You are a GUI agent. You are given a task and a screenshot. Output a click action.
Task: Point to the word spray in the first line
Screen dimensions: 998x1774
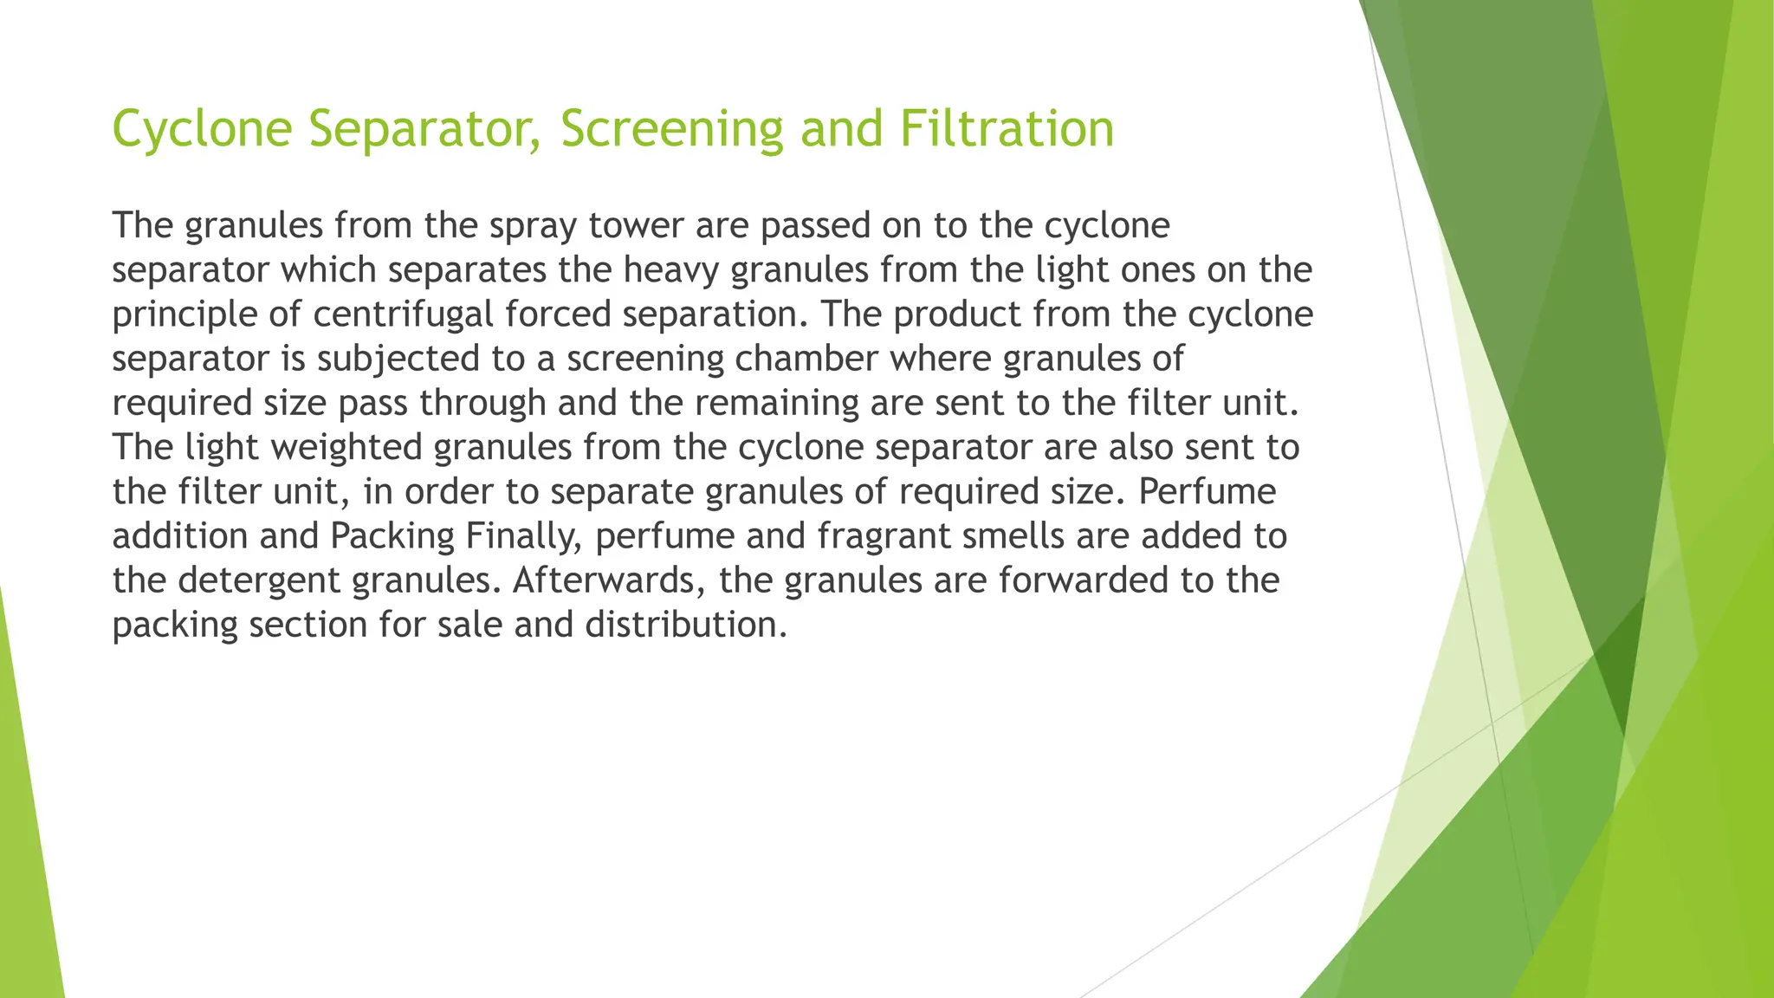pos(532,225)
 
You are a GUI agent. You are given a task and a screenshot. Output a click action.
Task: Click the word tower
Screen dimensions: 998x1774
pos(636,225)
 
